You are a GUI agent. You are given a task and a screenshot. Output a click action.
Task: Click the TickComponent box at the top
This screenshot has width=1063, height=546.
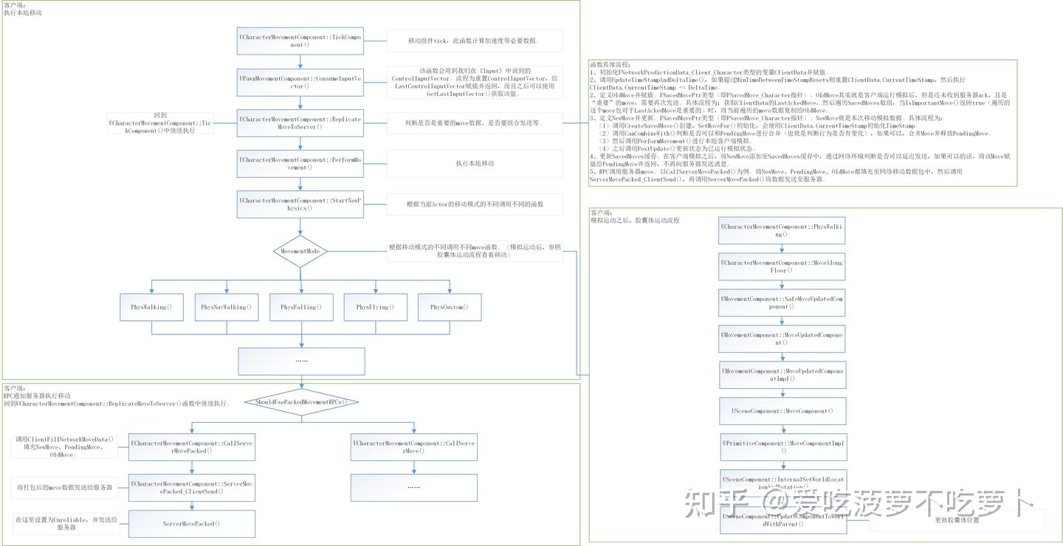tap(300, 41)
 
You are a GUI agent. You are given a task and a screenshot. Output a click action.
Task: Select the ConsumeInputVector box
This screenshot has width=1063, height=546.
tap(300, 82)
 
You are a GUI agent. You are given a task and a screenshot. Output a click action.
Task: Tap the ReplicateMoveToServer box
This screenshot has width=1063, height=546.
tap(300, 122)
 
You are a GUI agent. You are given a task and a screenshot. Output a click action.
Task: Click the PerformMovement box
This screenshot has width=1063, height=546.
tap(300, 163)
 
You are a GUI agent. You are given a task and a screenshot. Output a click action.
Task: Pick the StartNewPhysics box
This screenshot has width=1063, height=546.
tap(300, 204)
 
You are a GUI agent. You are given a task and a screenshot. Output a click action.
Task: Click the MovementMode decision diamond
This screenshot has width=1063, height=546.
tap(300, 252)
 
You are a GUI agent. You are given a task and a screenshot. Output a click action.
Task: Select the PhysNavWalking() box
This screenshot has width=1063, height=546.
tap(226, 307)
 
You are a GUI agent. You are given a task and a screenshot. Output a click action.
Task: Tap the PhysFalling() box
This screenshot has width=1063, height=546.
tap(300, 307)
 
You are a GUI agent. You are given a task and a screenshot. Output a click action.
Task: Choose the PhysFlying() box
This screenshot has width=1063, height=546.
tap(375, 307)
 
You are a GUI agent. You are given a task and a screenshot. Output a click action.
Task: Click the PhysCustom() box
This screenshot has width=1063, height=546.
tap(449, 307)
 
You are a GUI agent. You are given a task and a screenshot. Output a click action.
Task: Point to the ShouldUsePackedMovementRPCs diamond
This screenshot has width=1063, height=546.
tap(300, 402)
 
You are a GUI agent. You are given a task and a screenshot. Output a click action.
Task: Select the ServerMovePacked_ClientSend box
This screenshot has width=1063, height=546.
tap(192, 488)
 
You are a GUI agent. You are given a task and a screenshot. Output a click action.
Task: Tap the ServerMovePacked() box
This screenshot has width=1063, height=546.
tap(192, 524)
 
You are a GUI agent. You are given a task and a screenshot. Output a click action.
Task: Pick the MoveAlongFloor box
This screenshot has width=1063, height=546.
tap(782, 266)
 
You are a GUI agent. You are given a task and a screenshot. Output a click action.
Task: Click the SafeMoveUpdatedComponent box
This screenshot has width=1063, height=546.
tap(782, 303)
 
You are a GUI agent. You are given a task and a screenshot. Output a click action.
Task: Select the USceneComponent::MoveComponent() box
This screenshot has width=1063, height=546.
tap(782, 411)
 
